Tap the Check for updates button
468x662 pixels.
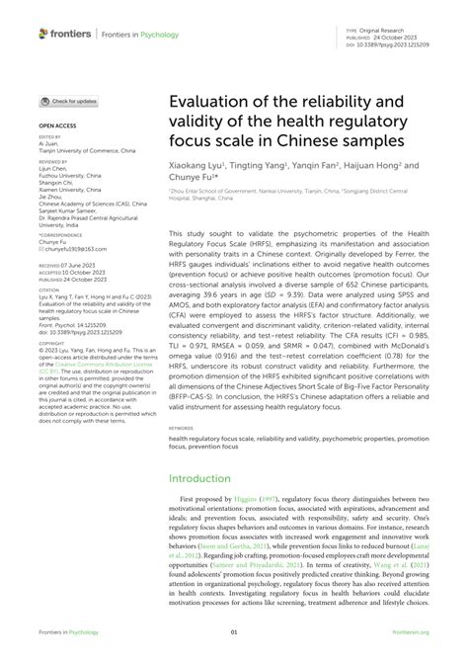(68, 101)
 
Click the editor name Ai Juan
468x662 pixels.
(48, 143)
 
